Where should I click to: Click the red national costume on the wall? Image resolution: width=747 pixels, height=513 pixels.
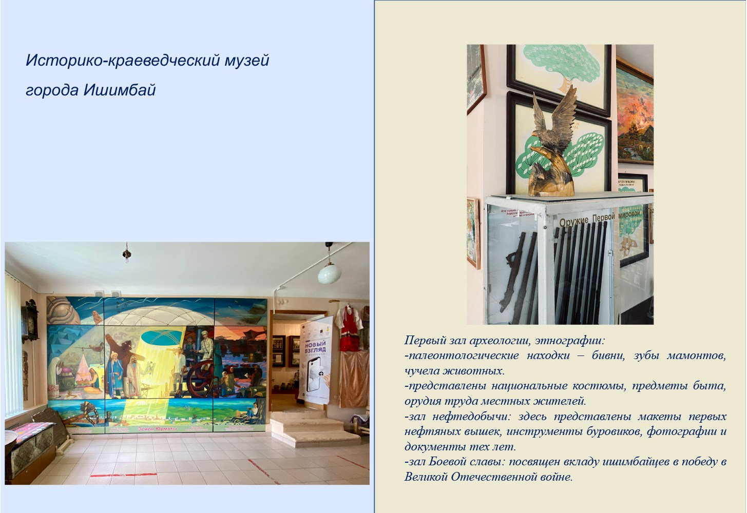click(x=351, y=328)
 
